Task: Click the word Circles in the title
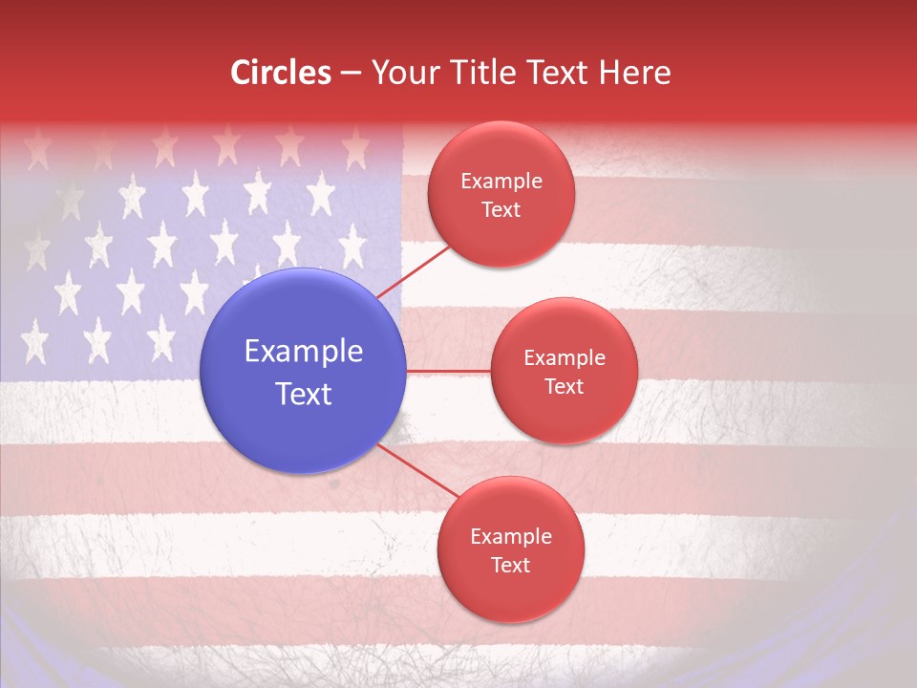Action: click(281, 73)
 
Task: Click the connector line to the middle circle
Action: click(448, 371)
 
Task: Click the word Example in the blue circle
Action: click(304, 352)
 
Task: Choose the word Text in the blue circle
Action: click(304, 394)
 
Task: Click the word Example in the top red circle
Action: click(501, 182)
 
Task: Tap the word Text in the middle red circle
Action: click(565, 387)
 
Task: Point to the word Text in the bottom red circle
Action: click(510, 566)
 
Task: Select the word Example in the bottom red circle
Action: click(510, 537)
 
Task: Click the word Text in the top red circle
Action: click(501, 210)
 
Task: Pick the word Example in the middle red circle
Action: click(565, 358)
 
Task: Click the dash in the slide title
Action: click(351, 74)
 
